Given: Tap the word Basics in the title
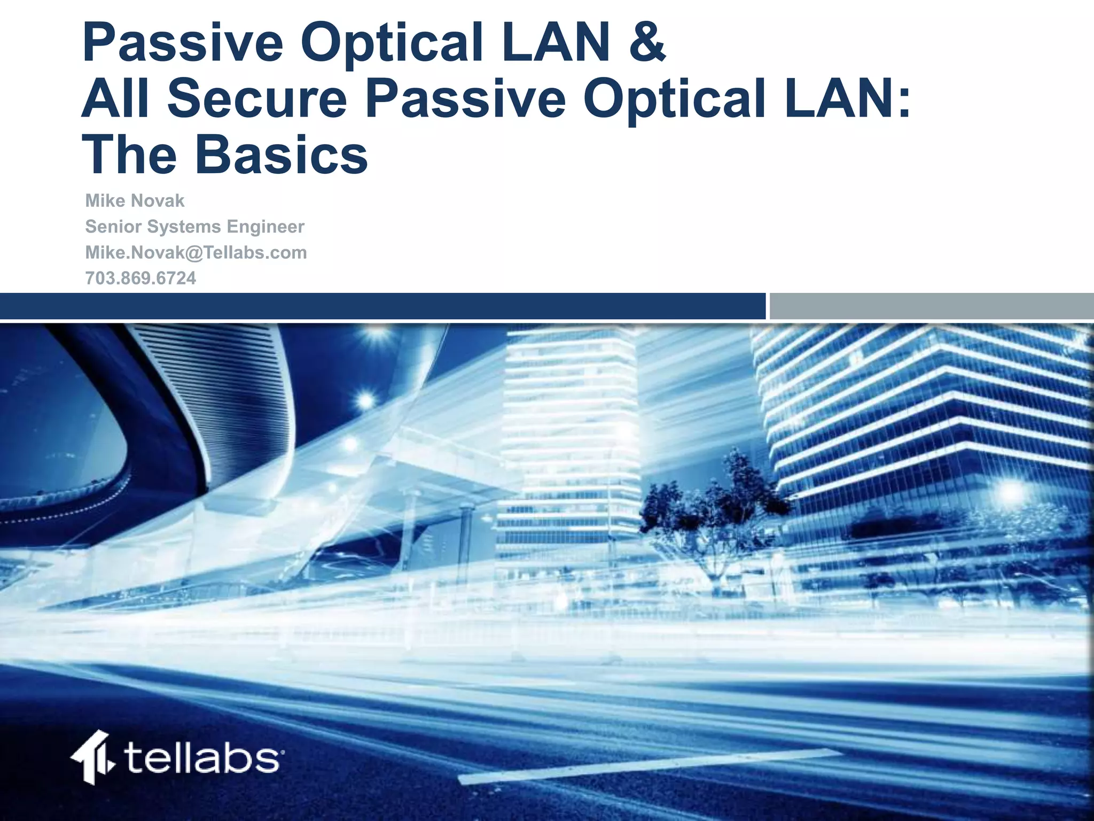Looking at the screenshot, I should click(282, 155).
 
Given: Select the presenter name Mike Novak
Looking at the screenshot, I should click(135, 201).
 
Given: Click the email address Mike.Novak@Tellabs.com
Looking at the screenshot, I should click(196, 252).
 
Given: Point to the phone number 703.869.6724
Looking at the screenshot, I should click(140, 278).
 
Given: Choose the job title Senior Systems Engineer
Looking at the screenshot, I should click(194, 227).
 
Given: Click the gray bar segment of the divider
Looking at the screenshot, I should click(931, 306).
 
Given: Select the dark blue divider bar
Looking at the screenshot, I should click(382, 306).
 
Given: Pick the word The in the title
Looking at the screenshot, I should click(129, 155).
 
